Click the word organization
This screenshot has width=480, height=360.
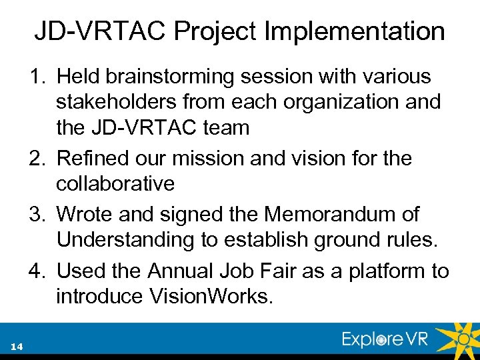pos(347,102)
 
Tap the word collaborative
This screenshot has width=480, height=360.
pos(115,183)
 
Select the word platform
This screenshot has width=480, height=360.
pos(388,271)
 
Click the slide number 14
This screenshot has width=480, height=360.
pos(17,346)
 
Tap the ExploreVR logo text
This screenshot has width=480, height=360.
pos(385,339)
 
